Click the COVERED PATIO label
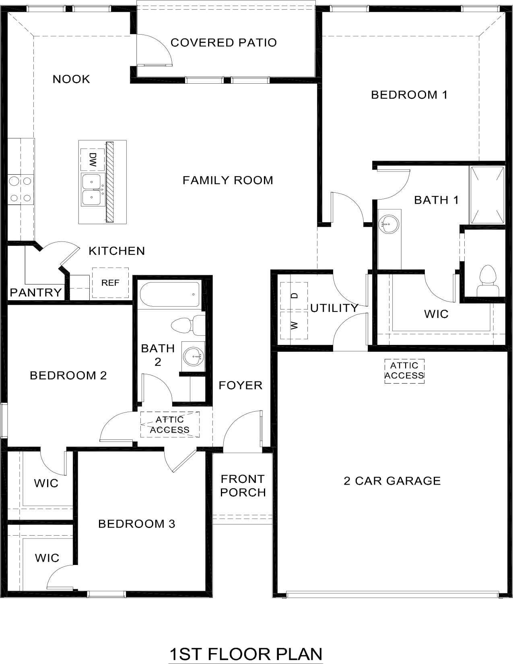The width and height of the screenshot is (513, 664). [224, 43]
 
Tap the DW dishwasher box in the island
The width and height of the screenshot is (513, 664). [93, 160]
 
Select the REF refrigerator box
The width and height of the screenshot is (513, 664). [110, 283]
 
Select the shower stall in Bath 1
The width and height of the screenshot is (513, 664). [488, 195]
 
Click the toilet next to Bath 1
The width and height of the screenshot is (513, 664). [487, 281]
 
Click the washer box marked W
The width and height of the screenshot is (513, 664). [294, 325]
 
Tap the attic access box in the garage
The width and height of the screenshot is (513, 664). [404, 371]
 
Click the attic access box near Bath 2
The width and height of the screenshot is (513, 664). [170, 425]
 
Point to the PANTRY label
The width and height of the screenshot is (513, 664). [36, 293]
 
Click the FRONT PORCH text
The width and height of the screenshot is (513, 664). [243, 485]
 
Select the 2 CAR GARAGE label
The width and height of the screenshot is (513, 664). [392, 481]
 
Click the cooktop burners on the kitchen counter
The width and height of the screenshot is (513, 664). [20, 189]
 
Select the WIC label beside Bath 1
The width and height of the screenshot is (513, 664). [436, 314]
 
